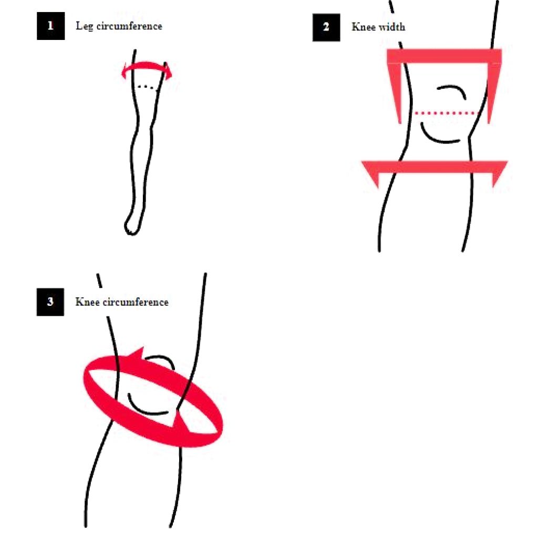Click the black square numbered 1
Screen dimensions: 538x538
[51, 26]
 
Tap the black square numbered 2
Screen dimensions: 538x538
[326, 27]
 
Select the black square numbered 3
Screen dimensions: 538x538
[50, 302]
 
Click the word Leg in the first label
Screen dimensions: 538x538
[85, 26]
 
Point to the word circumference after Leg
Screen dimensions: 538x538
[129, 26]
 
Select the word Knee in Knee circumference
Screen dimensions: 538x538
[88, 302]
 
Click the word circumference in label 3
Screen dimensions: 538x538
[136, 302]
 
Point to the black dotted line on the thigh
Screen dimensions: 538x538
[147, 87]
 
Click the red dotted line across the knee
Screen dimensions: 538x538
[446, 113]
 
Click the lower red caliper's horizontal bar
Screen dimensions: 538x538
[434, 167]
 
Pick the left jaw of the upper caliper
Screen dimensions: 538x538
[395, 92]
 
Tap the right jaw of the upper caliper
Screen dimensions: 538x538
[493, 92]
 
